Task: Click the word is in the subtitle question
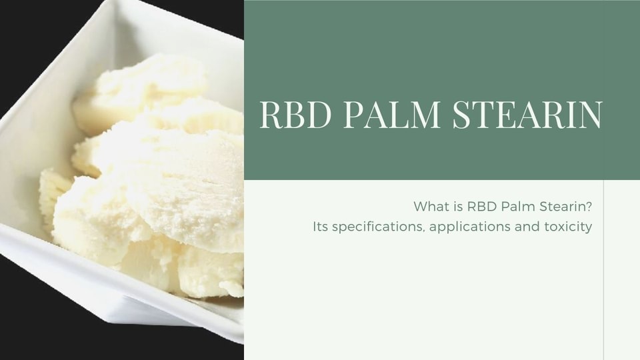[x=457, y=206]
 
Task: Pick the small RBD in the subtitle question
[x=481, y=206]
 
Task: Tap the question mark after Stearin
[x=588, y=206]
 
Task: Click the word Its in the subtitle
[x=320, y=226]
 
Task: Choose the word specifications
[x=377, y=227]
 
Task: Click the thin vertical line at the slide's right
[x=603, y=270]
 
